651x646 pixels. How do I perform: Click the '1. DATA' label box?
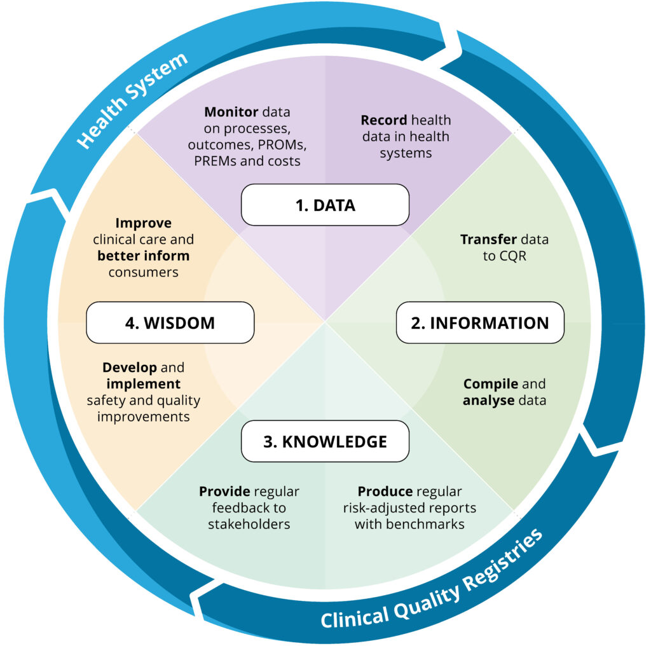click(325, 205)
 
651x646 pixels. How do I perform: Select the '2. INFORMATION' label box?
click(480, 322)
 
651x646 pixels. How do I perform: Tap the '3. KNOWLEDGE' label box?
click(325, 441)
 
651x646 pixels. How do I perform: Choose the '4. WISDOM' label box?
click(170, 322)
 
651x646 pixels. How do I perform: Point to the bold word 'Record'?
click(384, 120)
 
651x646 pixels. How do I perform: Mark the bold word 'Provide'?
click(224, 491)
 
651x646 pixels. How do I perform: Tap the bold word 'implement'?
click(143, 384)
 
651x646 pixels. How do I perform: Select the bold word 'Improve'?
click(144, 224)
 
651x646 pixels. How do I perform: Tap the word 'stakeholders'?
click(249, 524)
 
